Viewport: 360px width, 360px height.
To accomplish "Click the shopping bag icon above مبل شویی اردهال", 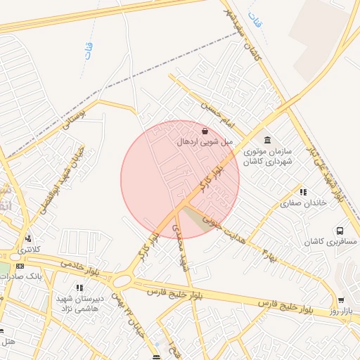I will point(205,131).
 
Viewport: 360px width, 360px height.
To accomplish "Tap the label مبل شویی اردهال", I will point(204,142).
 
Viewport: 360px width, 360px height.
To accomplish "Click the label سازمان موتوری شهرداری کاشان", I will point(267,156).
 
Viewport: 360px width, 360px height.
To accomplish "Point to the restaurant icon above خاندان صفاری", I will point(303,192).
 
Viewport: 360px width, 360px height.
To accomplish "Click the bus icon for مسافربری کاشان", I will point(340,231).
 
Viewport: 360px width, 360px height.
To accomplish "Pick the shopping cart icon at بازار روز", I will point(341,300).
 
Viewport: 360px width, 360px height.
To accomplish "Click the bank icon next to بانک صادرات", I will point(19,266).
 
